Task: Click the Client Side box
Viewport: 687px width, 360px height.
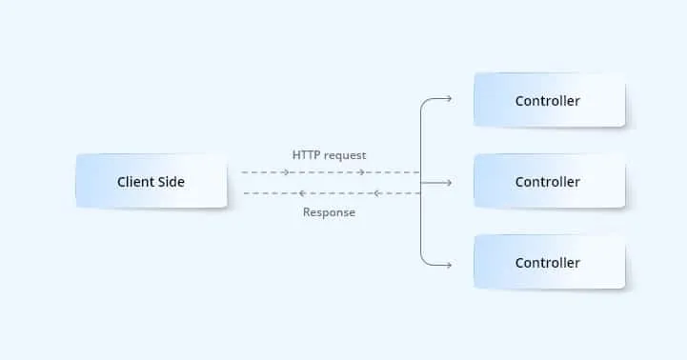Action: tap(151, 182)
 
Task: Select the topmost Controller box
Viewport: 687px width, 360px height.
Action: tap(549, 101)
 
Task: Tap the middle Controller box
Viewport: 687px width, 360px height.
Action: tap(549, 182)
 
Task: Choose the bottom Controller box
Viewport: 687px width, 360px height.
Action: tap(549, 263)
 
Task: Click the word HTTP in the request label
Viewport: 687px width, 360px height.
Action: tap(308, 154)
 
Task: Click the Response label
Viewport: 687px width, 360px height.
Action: tap(329, 212)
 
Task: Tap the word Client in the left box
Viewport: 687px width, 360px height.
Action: tap(136, 182)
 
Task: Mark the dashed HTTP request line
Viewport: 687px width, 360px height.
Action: tap(324, 172)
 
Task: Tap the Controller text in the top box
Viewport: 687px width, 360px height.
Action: tap(548, 101)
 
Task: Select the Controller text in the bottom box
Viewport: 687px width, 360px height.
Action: tap(548, 263)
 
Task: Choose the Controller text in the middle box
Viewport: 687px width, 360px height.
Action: tap(548, 182)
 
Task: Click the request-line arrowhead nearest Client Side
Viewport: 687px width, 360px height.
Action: tap(286, 172)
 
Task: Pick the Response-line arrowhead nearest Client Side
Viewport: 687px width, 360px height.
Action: tap(250, 193)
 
